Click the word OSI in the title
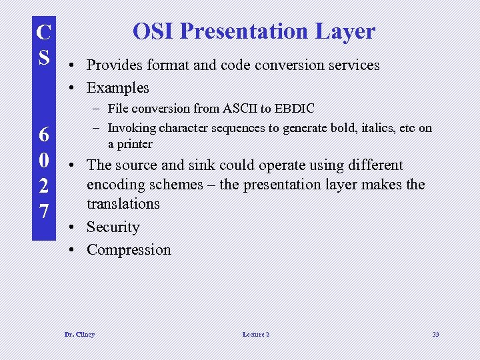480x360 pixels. pyautogui.click(x=153, y=31)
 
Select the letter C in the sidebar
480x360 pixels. pyautogui.click(x=43, y=31)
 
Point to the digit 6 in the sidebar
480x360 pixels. pyautogui.click(x=43, y=135)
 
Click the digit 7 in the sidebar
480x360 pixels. pyautogui.click(x=43, y=211)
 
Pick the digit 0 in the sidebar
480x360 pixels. pyautogui.click(x=43, y=160)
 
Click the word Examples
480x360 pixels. pyautogui.click(x=118, y=87)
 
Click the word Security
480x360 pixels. pyautogui.click(x=113, y=227)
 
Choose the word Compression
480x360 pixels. pyautogui.click(x=129, y=250)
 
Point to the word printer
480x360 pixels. pyautogui.click(x=135, y=144)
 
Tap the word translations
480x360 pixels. pyautogui.click(x=123, y=203)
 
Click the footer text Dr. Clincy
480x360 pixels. pyautogui.click(x=79, y=334)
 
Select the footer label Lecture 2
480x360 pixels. pyautogui.click(x=256, y=334)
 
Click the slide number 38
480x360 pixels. pyautogui.click(x=435, y=334)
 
